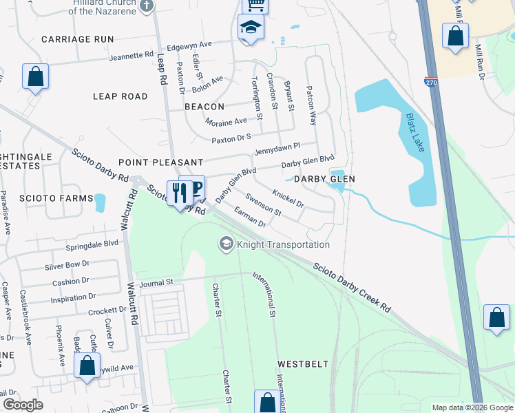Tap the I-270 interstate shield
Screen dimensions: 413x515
431,81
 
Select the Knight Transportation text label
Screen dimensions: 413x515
284,244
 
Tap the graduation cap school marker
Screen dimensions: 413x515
251,29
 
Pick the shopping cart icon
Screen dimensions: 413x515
255,6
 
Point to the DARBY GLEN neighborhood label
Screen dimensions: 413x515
324,179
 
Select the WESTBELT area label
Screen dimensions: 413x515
303,363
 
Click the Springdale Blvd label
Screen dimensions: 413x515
92,244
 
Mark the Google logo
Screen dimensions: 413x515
23,405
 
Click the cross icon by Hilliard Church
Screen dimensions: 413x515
145,6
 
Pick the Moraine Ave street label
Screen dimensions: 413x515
226,121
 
